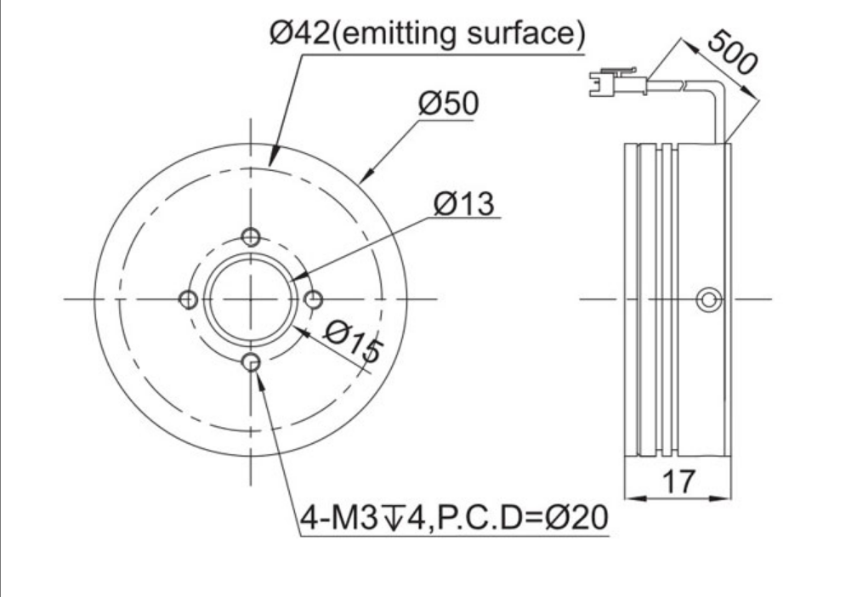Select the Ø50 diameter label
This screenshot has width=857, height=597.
tap(449, 104)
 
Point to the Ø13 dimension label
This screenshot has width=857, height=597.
tap(464, 204)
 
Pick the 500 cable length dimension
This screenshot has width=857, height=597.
tap(732, 52)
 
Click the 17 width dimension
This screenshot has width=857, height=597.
tap(678, 481)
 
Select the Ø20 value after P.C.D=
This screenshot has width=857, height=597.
tap(576, 517)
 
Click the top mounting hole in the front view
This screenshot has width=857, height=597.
tap(251, 237)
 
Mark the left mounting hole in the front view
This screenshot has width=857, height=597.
tap(189, 299)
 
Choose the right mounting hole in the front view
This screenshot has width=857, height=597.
tap(314, 299)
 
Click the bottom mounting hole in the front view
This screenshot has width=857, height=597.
tap(251, 362)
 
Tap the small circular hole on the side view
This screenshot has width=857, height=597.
tap(709, 299)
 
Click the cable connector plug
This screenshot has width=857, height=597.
tap(618, 82)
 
